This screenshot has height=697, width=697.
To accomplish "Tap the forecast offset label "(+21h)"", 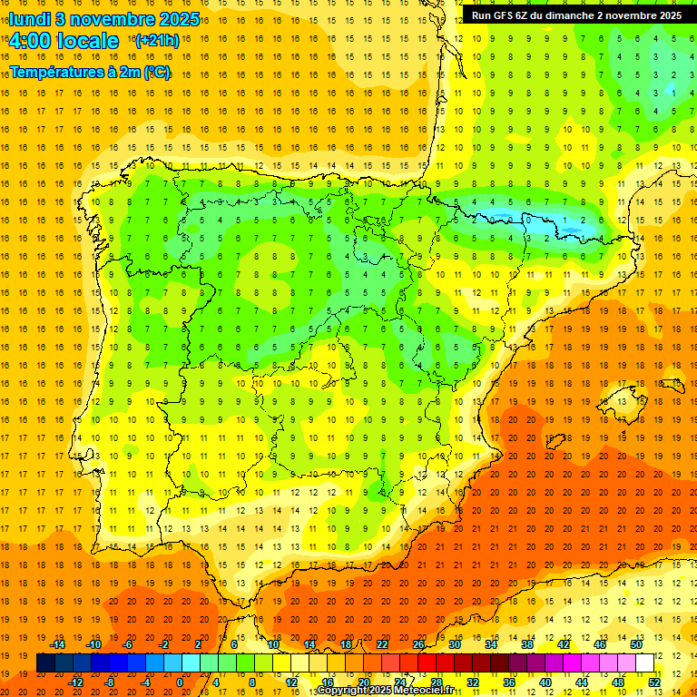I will click(157, 41).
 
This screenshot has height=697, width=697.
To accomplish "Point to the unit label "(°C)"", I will click(155, 72).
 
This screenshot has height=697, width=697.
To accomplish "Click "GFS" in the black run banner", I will click(506, 15).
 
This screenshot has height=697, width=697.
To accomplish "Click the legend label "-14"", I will click(57, 643).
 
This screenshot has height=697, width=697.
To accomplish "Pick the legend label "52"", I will click(654, 682).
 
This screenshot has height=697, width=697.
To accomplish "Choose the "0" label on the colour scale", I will click(180, 682).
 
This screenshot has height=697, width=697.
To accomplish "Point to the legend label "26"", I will click(418, 643).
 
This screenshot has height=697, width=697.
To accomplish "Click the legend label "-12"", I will click(75, 682).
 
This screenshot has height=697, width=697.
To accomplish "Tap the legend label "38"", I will click(527, 643).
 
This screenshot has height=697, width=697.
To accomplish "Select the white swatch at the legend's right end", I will click(645, 663).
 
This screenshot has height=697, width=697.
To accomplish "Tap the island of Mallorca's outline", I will click(621, 397).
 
